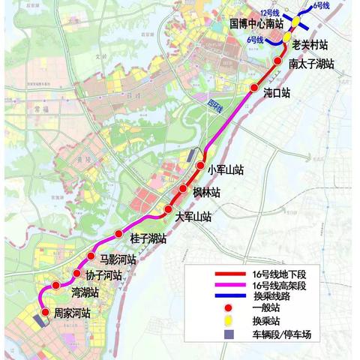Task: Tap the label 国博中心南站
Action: [256, 25]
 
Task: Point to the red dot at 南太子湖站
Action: [278, 62]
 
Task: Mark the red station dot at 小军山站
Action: [201, 166]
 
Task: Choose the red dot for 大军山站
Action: [169, 209]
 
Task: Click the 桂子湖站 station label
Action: [148, 239]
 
